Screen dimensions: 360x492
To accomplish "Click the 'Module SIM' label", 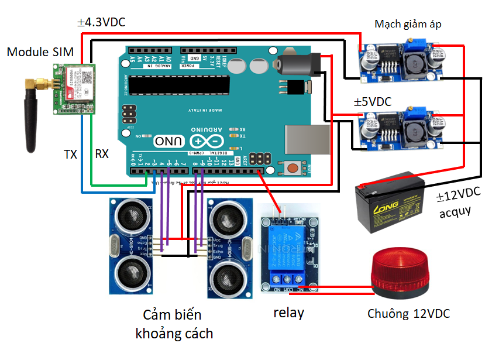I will (40, 52).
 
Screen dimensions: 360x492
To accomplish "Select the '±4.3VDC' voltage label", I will (101, 23).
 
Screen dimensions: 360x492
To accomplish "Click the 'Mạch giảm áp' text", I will (408, 24).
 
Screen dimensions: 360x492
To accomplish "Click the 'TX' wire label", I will (70, 155).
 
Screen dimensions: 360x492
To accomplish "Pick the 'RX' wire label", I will (102, 155).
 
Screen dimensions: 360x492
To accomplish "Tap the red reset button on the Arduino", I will (292, 168).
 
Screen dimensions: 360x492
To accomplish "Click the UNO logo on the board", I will (170, 141).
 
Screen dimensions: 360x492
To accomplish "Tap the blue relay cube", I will (288, 245).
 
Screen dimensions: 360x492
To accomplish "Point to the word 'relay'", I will (288, 313).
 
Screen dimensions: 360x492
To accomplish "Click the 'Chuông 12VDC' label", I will (408, 314).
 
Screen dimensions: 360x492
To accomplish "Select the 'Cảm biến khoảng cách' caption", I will (174, 324).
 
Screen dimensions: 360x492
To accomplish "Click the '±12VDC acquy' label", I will (458, 203).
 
